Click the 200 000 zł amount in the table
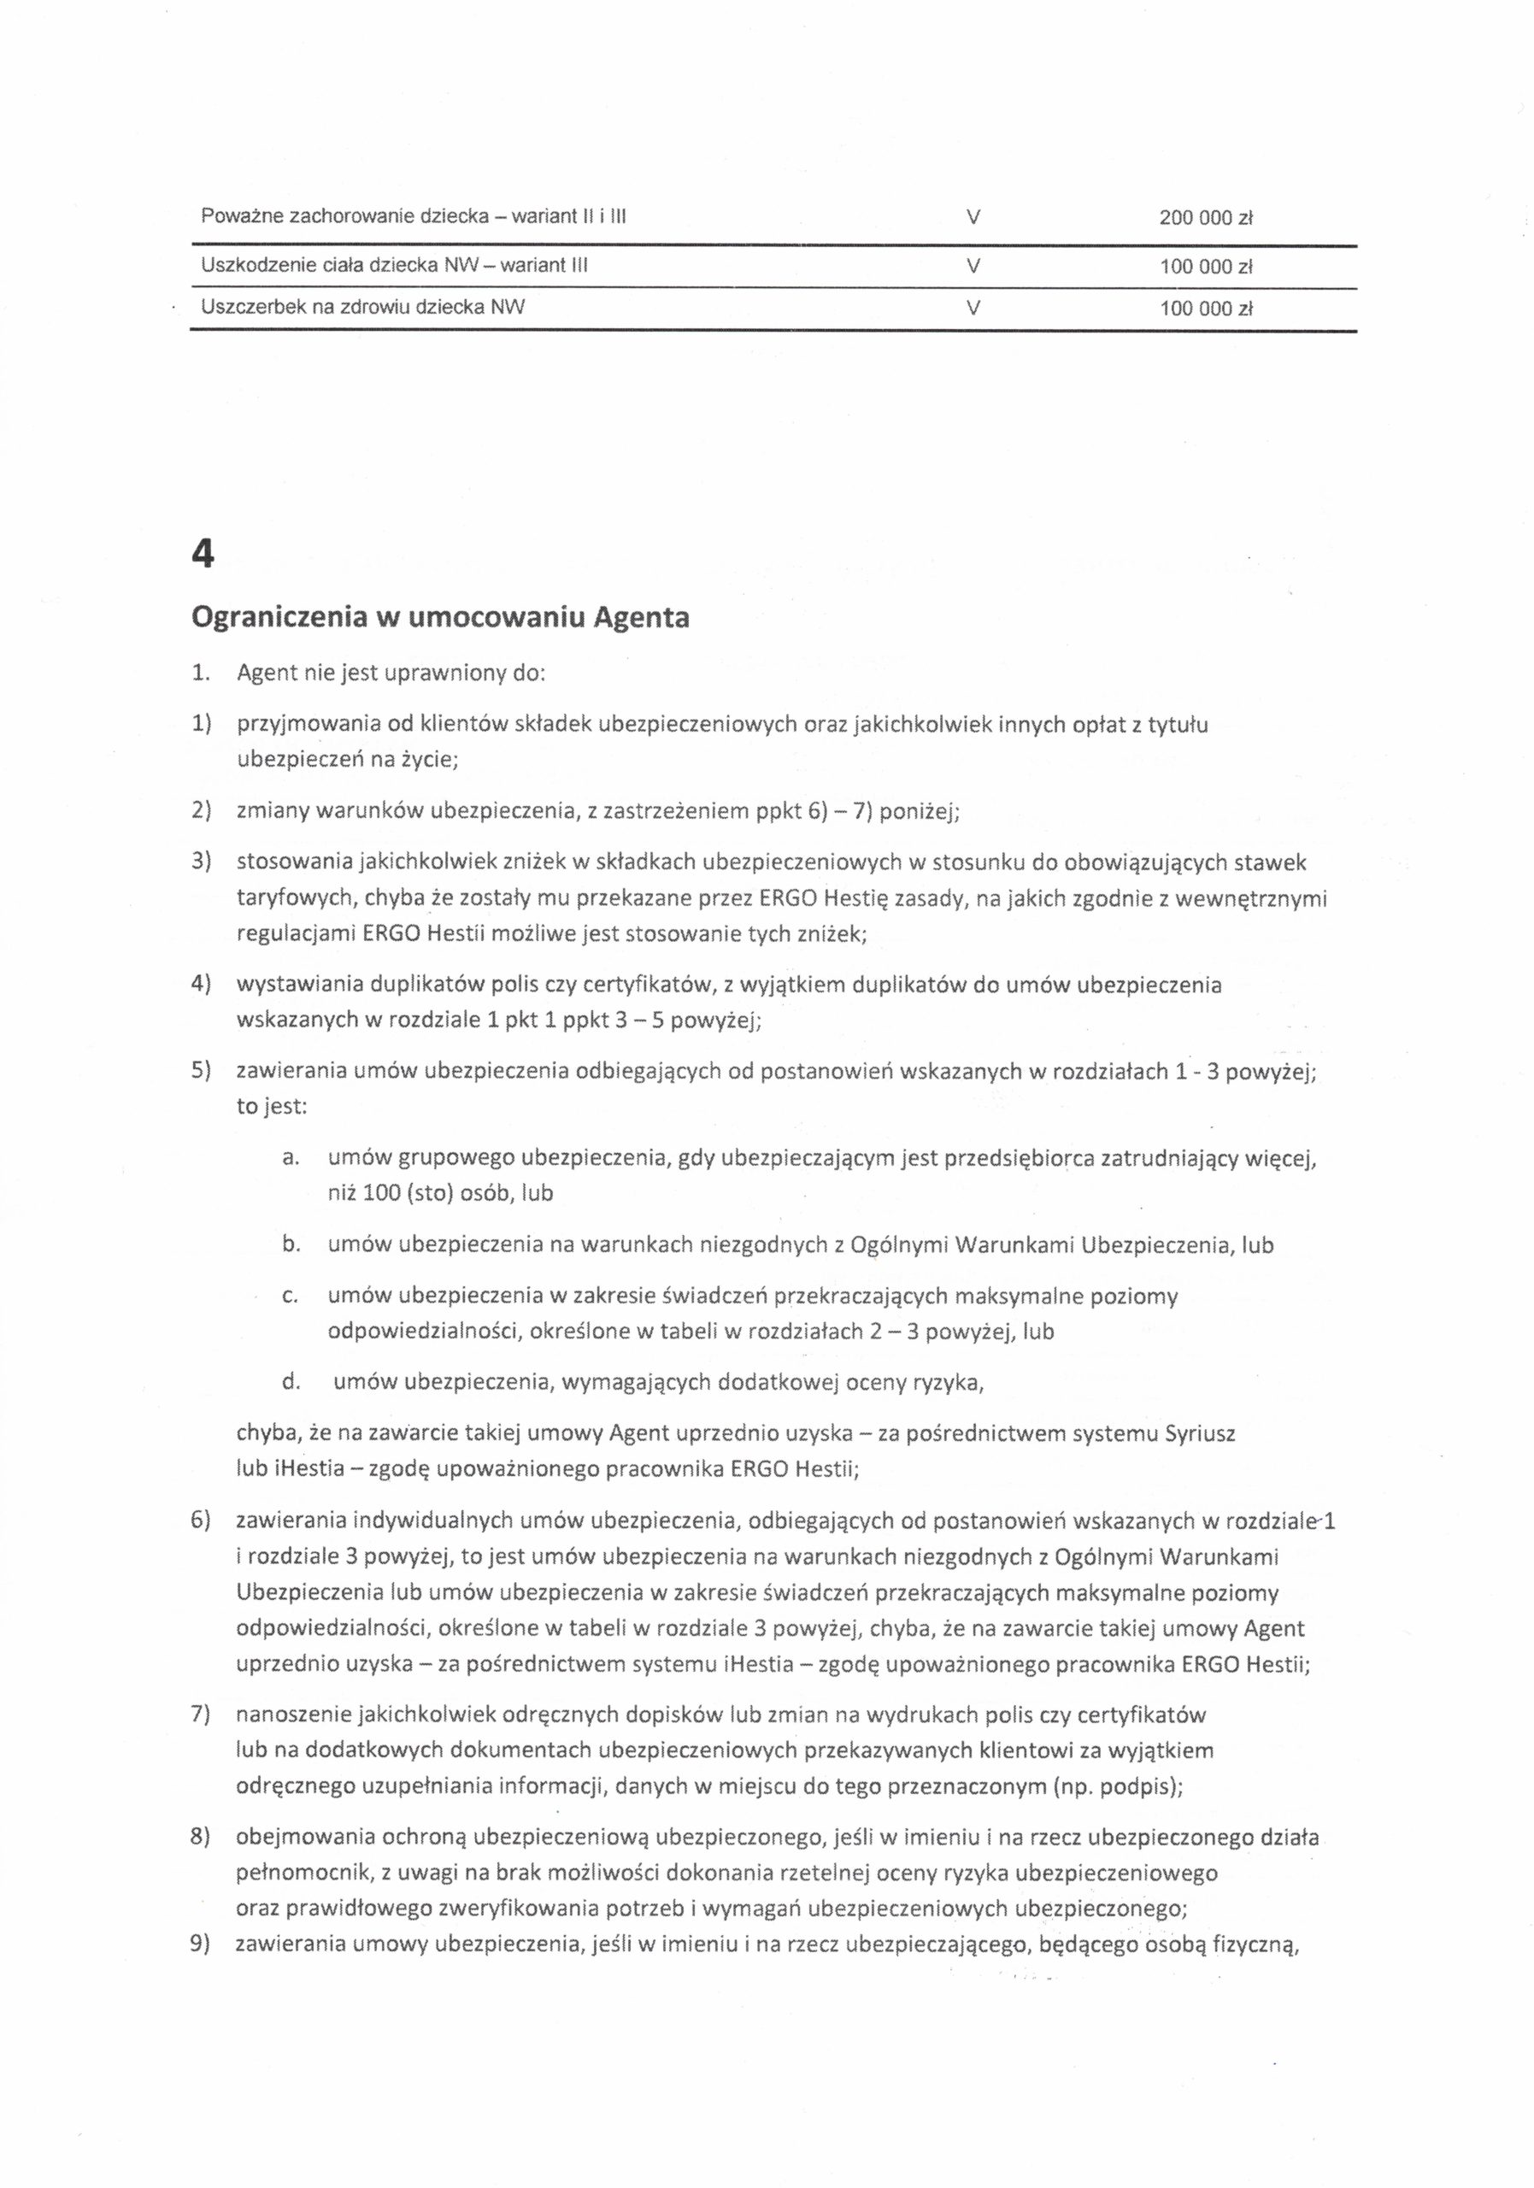(x=1205, y=218)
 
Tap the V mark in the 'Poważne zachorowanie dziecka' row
(x=972, y=217)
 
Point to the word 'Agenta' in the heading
(x=641, y=619)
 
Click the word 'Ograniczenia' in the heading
(x=276, y=620)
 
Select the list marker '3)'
(x=200, y=862)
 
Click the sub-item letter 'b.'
(x=291, y=1244)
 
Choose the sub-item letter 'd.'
(x=291, y=1382)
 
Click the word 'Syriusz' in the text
(x=1201, y=1433)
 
